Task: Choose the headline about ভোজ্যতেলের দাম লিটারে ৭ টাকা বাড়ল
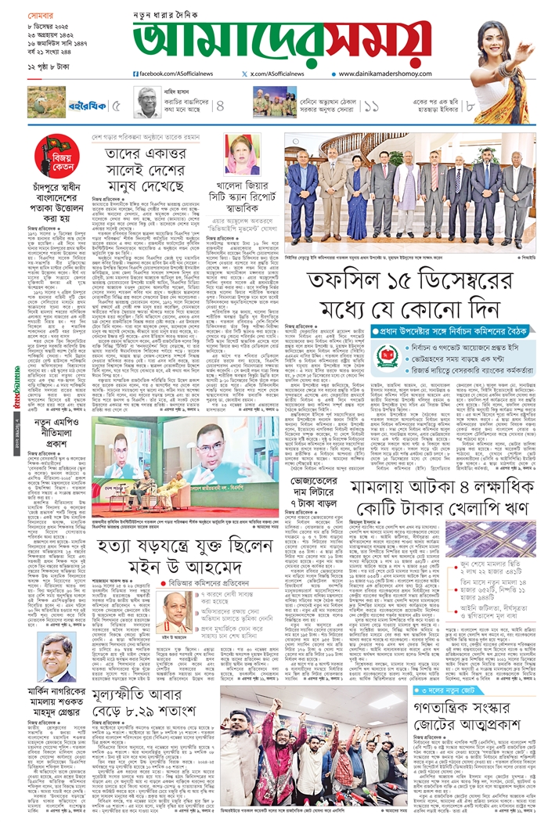309,495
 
